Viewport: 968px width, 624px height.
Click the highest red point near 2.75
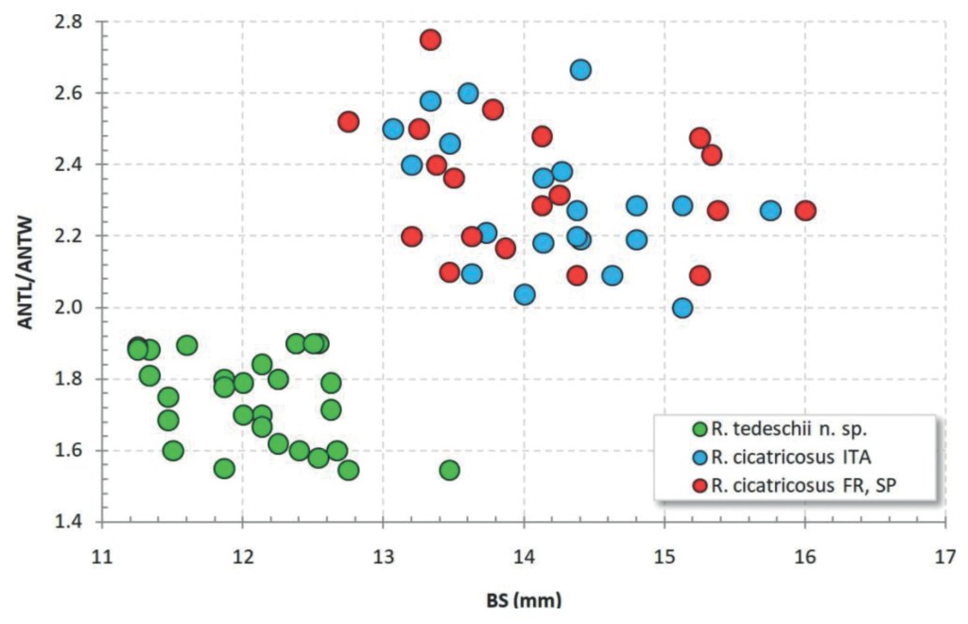(x=430, y=40)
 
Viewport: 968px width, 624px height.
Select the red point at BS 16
(x=805, y=211)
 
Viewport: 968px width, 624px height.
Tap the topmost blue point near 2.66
(x=580, y=70)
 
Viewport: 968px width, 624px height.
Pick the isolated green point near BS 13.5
(x=449, y=470)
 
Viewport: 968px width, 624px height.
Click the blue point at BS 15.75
(x=770, y=211)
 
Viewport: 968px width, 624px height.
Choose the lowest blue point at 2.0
(x=683, y=307)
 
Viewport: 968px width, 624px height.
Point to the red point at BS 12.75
(x=348, y=122)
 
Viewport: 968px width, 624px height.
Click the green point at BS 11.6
(x=186, y=345)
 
